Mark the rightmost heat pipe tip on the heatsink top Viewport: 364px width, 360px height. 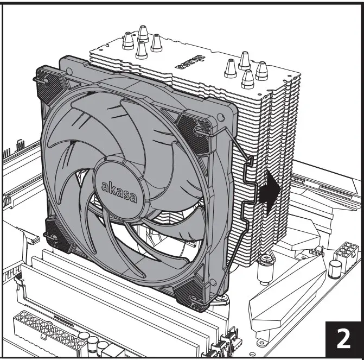coord(262,68)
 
